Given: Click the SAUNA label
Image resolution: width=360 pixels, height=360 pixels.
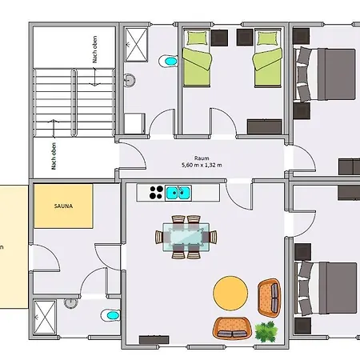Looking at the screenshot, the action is [63, 206].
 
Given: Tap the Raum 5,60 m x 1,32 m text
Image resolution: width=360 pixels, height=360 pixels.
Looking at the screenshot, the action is [202, 162].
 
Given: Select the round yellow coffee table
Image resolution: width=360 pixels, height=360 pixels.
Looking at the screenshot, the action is [230, 293].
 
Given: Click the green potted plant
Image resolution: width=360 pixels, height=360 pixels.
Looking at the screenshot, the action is [266, 331].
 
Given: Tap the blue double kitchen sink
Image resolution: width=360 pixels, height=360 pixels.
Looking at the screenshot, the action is [178, 193].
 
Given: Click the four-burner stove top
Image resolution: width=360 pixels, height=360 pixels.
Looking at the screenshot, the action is [156, 193].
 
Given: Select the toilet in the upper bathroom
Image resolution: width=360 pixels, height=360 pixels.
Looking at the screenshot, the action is [169, 62].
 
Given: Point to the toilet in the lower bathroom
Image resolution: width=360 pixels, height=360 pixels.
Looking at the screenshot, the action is [110, 315].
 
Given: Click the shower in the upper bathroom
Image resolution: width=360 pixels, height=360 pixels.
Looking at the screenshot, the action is [136, 45].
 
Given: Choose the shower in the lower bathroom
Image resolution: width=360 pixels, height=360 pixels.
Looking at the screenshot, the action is [45, 317].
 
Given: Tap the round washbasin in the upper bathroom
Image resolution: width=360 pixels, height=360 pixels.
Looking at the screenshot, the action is [130, 80].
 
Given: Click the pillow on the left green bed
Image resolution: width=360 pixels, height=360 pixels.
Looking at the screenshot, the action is [197, 38].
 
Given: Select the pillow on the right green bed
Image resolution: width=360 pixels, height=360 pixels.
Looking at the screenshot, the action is [267, 38].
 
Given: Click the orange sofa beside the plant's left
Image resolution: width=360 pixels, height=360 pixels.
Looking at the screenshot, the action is [232, 328].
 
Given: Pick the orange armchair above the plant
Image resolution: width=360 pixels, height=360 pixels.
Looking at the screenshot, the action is [270, 298].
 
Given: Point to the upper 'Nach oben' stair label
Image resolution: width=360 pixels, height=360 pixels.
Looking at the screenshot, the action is [94, 50].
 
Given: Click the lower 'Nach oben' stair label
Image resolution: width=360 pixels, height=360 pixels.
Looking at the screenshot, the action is [54, 156].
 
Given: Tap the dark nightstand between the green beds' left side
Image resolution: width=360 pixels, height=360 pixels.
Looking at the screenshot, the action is [219, 38].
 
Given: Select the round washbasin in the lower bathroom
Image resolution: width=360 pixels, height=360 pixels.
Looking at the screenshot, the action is [70, 303].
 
